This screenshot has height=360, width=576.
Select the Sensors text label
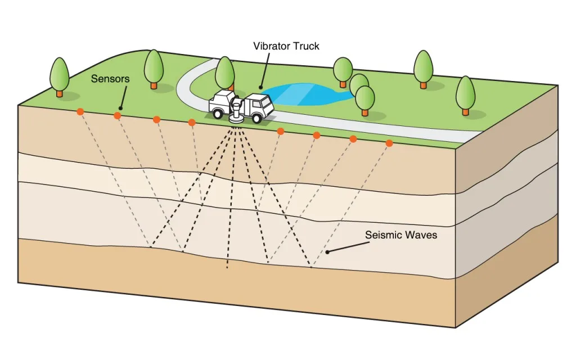point(110,79)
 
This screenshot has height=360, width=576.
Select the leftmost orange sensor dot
point(80,111)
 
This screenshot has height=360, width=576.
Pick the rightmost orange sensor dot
point(389,143)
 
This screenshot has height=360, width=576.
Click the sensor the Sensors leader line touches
point(118,115)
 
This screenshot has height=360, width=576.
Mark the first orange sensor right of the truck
point(280,131)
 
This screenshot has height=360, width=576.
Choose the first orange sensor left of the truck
point(192,123)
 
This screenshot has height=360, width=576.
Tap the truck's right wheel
point(258,119)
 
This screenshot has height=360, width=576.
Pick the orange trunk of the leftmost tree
point(60,93)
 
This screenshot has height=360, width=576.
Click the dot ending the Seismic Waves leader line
point(326,252)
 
